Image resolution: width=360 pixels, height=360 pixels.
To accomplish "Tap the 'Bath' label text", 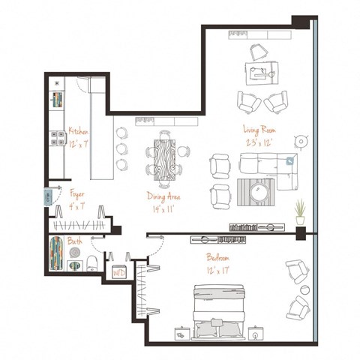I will pos(75,242).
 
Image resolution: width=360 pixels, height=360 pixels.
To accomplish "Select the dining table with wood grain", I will pos(166,158).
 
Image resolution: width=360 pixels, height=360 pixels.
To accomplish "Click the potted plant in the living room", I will pos(300,211).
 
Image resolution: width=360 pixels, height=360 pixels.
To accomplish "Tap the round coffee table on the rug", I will pos(259,193).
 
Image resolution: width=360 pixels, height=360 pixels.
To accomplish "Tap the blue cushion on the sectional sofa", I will pos(291,160).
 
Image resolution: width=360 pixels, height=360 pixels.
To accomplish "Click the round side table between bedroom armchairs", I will pos(305,289).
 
